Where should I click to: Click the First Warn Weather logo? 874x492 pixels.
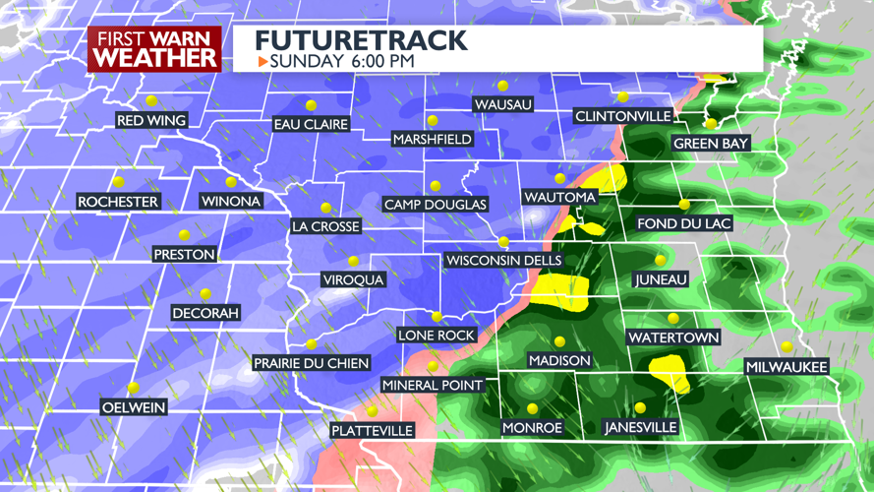pyautogui.click(x=154, y=48)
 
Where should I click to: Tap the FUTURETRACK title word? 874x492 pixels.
pyautogui.click(x=361, y=40)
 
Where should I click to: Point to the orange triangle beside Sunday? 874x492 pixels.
pyautogui.click(x=262, y=61)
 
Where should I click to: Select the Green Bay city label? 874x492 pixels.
pyautogui.click(x=711, y=144)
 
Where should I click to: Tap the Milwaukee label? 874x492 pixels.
pyautogui.click(x=787, y=367)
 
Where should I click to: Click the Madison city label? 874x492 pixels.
pyautogui.click(x=559, y=361)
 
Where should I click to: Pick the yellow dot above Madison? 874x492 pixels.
pyautogui.click(x=559, y=341)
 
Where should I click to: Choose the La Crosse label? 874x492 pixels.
pyautogui.click(x=325, y=226)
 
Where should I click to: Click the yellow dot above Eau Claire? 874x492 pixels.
pyautogui.click(x=311, y=105)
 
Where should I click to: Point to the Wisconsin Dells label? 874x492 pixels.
pyautogui.click(x=503, y=261)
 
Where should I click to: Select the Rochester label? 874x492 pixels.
pyautogui.click(x=118, y=202)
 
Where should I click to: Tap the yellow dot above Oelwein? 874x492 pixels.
pyautogui.click(x=134, y=388)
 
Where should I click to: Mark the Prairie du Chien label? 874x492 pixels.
pyautogui.click(x=311, y=363)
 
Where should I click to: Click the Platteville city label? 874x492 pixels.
pyautogui.click(x=372, y=431)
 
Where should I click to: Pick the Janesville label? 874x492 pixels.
pyautogui.click(x=640, y=428)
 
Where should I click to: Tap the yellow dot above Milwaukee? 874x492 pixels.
pyautogui.click(x=787, y=346)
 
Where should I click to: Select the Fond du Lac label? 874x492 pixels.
pyautogui.click(x=684, y=223)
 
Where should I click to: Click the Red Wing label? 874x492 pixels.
pyautogui.click(x=151, y=121)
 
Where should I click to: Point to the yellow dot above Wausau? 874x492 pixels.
pyautogui.click(x=503, y=87)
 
